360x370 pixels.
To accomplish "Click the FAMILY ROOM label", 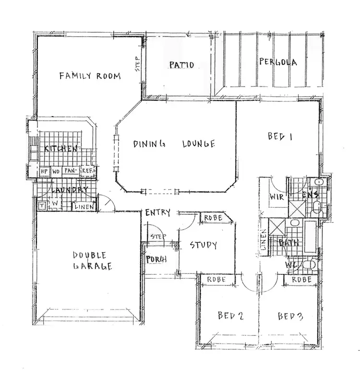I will click(x=89, y=75).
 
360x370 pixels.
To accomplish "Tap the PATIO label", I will click(x=181, y=65).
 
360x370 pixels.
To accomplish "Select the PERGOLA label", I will click(x=277, y=62).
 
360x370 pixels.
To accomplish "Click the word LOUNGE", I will click(x=198, y=144).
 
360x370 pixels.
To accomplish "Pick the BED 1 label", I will click(x=280, y=136).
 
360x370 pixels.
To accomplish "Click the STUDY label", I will click(x=203, y=245).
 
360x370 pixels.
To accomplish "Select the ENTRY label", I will click(x=158, y=212).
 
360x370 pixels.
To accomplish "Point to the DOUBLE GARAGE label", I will click(x=92, y=260).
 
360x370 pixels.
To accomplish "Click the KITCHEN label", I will click(x=60, y=148).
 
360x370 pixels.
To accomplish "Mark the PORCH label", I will click(x=156, y=260).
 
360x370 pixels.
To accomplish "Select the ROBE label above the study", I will click(x=213, y=218).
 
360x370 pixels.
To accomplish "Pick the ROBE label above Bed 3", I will click(x=302, y=279).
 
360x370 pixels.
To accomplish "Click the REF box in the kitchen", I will click(x=87, y=171).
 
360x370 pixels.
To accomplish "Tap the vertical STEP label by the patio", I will click(x=137, y=64).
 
